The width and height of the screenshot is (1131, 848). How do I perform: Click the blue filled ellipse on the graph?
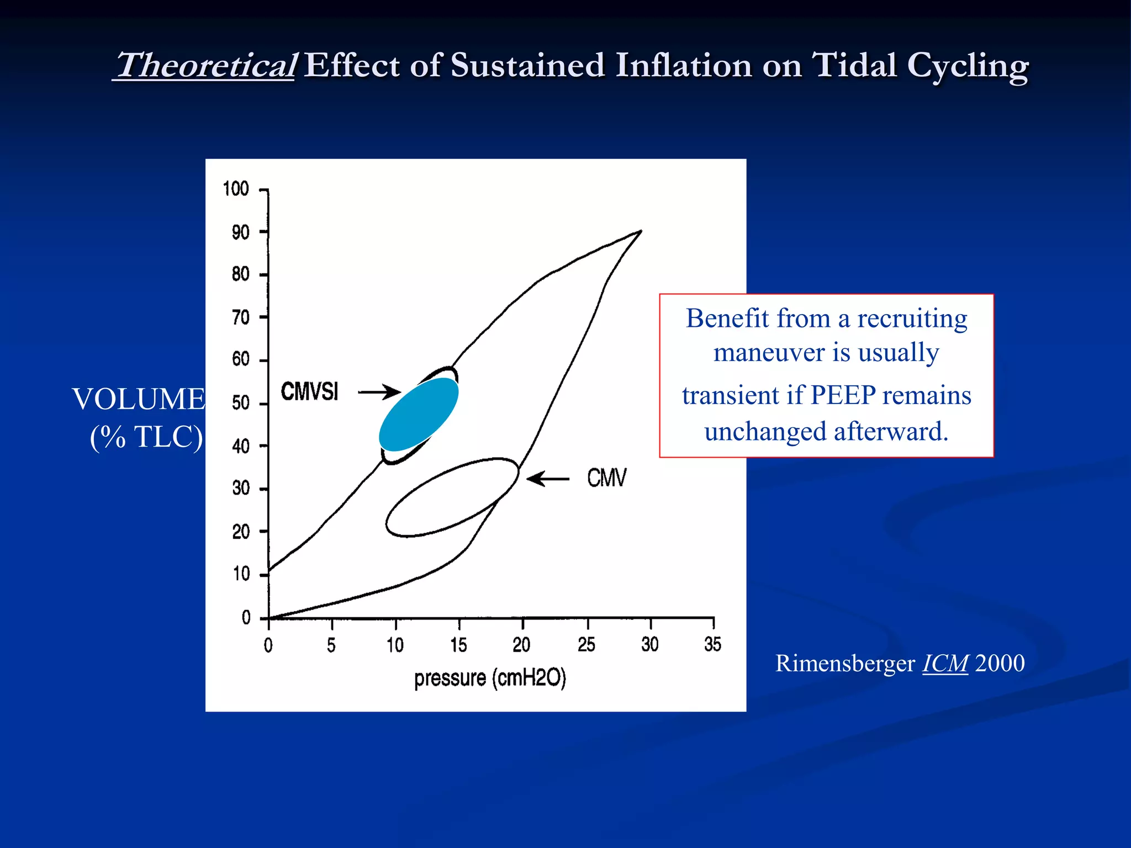click(x=419, y=414)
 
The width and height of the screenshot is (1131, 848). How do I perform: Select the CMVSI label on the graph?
click(x=309, y=391)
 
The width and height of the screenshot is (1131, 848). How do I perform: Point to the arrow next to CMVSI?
click(x=379, y=392)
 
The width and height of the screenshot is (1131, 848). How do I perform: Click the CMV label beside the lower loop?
click(x=606, y=478)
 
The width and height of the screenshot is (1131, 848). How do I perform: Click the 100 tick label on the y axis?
click(x=236, y=189)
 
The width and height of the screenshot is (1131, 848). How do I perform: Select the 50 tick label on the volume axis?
click(x=241, y=402)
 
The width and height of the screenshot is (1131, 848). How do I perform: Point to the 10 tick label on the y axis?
click(x=241, y=574)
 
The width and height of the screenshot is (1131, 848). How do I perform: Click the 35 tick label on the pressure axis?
click(x=712, y=644)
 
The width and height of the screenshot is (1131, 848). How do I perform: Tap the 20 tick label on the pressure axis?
click(x=521, y=644)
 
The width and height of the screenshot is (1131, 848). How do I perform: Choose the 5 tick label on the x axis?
click(x=331, y=645)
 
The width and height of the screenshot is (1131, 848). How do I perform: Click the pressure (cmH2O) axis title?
click(x=490, y=678)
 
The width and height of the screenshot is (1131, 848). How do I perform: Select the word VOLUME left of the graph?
click(x=139, y=399)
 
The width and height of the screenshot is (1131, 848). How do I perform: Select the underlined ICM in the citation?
click(x=945, y=663)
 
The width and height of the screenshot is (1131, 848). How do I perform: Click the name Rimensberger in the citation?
click(x=845, y=663)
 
